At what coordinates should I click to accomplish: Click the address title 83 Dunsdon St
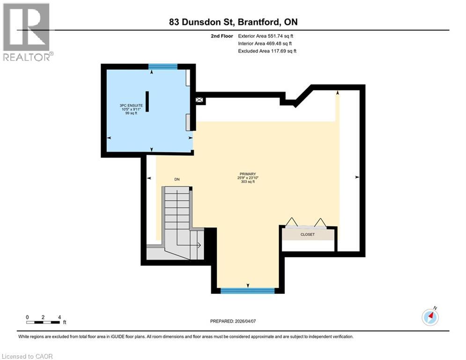233,22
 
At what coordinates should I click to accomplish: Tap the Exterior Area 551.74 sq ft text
266,36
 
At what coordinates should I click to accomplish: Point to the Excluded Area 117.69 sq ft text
267,51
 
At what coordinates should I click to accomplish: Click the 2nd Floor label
222,36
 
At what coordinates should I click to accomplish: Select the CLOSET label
308,234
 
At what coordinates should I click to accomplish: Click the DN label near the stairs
177,179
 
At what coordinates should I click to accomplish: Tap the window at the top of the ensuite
163,67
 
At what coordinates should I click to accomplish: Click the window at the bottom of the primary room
247,291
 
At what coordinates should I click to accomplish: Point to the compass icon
430,317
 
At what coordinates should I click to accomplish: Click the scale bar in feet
43,322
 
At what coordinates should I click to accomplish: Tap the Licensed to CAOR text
28,356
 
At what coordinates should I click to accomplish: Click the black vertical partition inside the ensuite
147,101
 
